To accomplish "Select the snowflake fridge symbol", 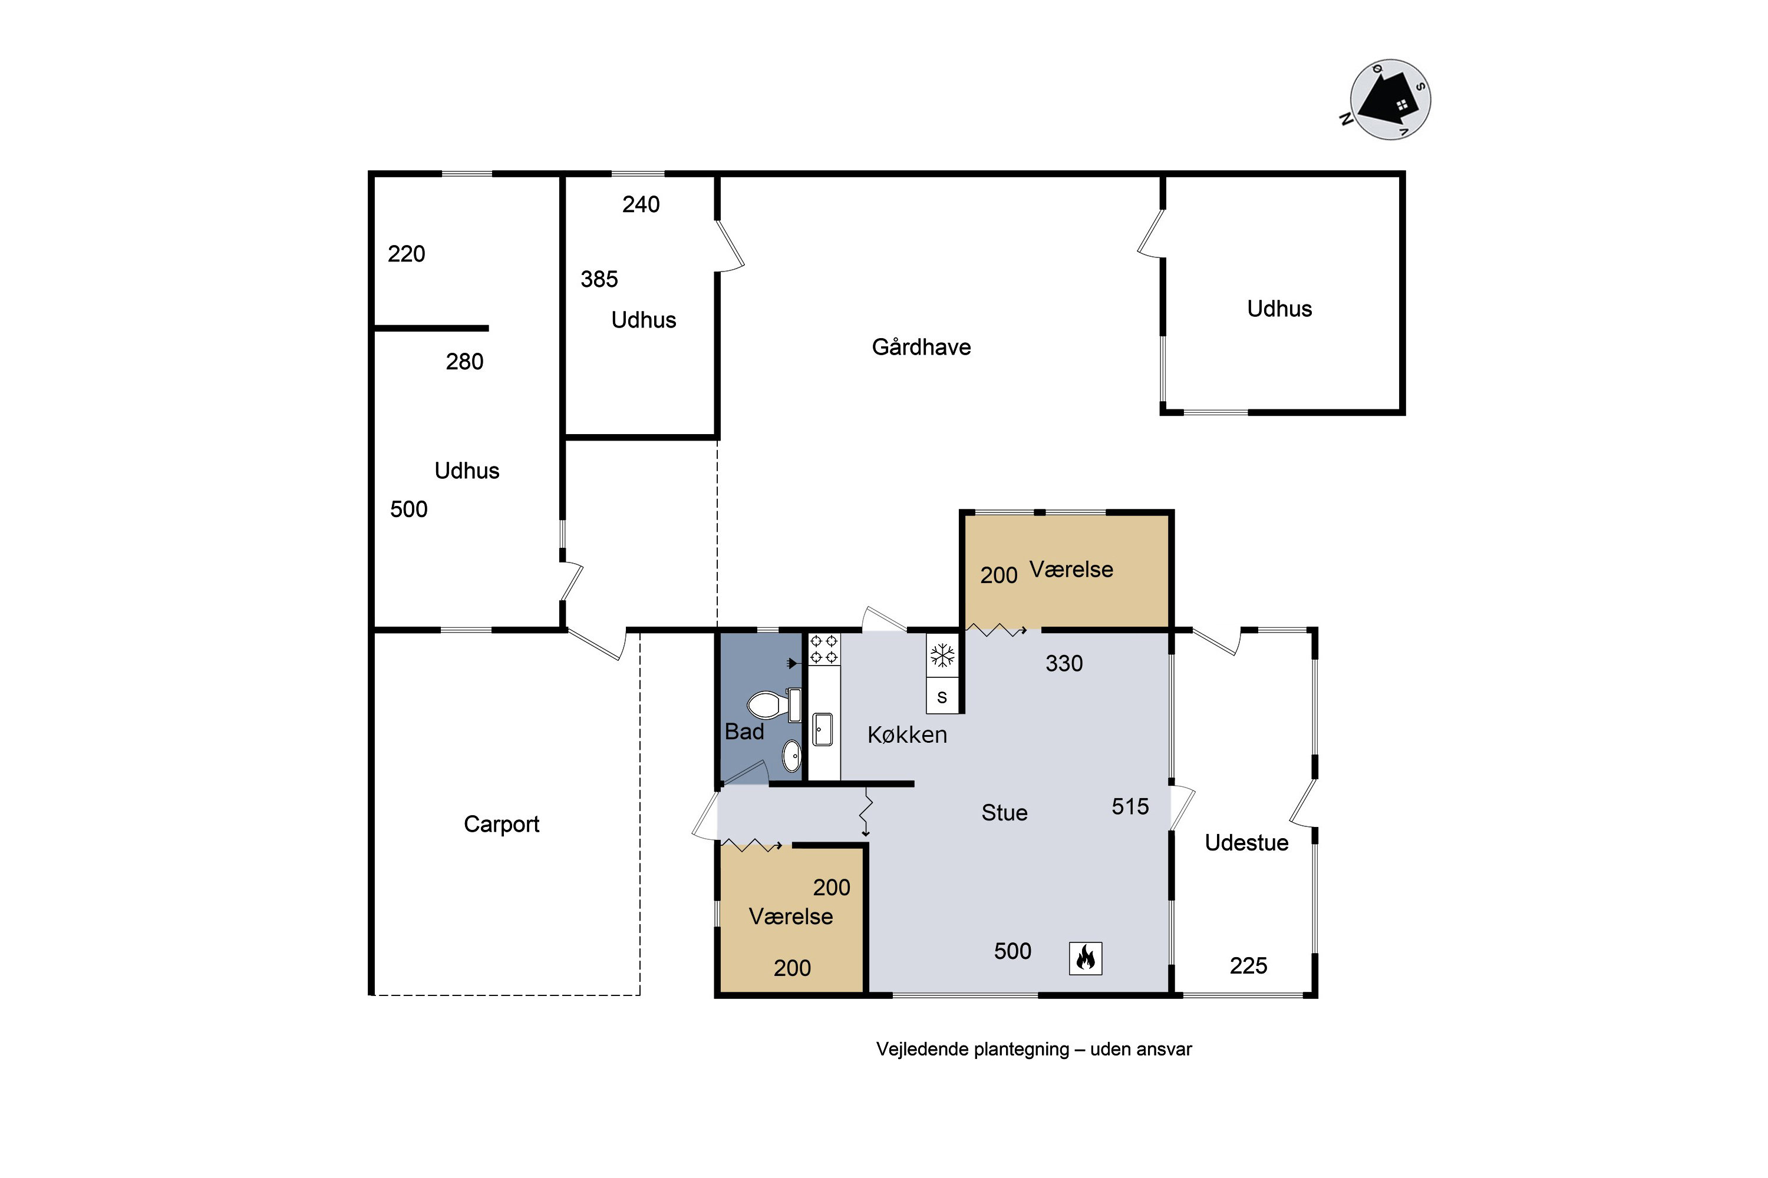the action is (x=942, y=655).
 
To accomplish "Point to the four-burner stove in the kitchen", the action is (x=824, y=649).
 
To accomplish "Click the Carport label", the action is (x=502, y=824).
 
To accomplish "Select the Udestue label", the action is (x=1246, y=843).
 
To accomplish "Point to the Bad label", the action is (x=744, y=732).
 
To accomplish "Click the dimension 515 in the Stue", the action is (x=1130, y=807).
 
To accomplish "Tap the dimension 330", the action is (x=1064, y=663).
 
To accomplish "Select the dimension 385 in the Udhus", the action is (x=599, y=279).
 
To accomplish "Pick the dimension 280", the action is (x=464, y=362).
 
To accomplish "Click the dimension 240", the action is (x=641, y=204).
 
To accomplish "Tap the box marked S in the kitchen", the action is (x=942, y=696).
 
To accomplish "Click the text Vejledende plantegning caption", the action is (x=973, y=1050).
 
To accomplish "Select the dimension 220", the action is (x=406, y=254).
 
